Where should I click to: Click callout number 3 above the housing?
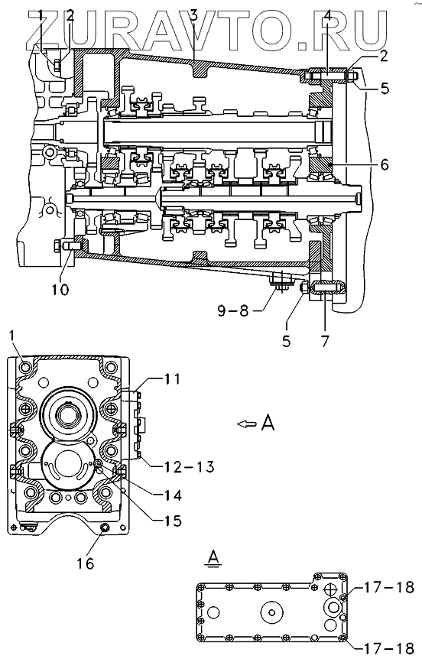coord(193,16)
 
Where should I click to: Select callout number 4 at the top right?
coord(327,18)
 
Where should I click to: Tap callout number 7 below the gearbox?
coord(324,340)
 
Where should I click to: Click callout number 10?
coord(61,289)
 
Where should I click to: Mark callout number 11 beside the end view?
coord(171,379)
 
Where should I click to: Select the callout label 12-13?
coord(183,466)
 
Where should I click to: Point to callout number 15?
coord(171,521)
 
